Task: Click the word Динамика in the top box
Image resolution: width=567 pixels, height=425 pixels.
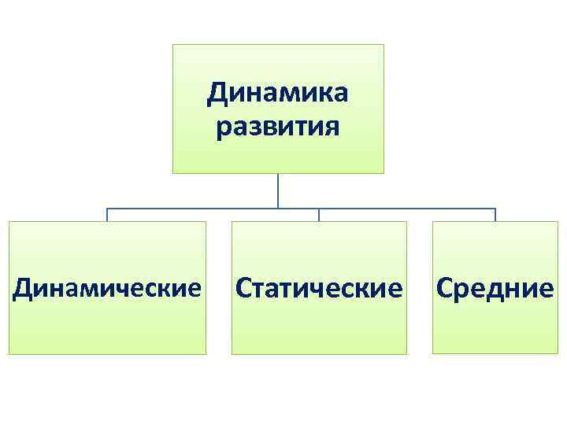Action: pyautogui.click(x=277, y=94)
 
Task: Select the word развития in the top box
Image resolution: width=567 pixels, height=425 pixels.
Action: pyautogui.click(x=277, y=126)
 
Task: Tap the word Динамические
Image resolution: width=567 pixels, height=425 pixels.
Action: pyautogui.click(x=107, y=288)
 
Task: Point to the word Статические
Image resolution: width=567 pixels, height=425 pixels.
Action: pyautogui.click(x=319, y=288)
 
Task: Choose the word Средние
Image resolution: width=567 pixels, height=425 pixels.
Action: pyautogui.click(x=494, y=288)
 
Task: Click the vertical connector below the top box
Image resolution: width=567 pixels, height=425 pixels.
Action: pyautogui.click(x=278, y=190)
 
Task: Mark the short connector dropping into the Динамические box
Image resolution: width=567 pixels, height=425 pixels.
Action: pyautogui.click(x=107, y=215)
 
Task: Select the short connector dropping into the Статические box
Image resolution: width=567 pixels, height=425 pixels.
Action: pyautogui.click(x=319, y=215)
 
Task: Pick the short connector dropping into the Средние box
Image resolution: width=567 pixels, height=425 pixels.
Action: pyautogui.click(x=495, y=215)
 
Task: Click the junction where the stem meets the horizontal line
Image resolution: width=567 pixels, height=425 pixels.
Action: pyautogui.click(x=278, y=209)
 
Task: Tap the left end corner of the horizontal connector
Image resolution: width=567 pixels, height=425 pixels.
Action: pyautogui.click(x=107, y=209)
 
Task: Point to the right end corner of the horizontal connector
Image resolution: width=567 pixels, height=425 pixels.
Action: pyautogui.click(x=495, y=209)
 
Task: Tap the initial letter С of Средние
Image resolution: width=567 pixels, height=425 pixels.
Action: pyautogui.click(x=445, y=288)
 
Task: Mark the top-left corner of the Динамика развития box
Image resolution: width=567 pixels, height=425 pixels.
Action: pyautogui.click(x=173, y=45)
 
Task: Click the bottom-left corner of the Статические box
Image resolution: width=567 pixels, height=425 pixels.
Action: pyautogui.click(x=232, y=353)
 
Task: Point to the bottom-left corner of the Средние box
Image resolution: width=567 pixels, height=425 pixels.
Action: pyautogui.click(x=433, y=353)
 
